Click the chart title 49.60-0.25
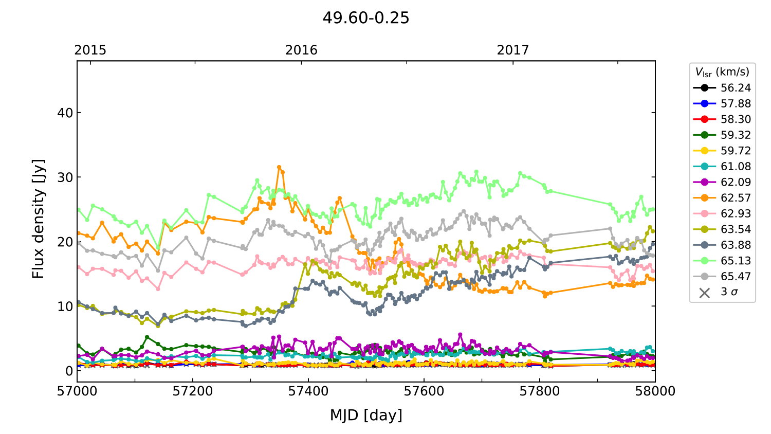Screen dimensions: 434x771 [x=366, y=18]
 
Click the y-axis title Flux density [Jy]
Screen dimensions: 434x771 [x=39, y=219]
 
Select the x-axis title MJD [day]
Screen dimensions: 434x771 [x=366, y=415]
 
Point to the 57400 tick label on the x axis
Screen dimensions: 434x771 [x=308, y=391]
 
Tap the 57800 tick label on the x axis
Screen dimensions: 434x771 [x=540, y=391]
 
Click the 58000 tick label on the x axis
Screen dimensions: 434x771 [x=655, y=391]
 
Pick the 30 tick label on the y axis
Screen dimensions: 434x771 [x=65, y=177]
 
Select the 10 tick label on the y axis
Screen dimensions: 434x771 [x=65, y=306]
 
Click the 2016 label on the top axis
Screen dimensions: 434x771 [x=301, y=50]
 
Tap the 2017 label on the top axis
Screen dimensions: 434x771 [x=512, y=50]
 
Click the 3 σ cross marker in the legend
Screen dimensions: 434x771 [x=705, y=293]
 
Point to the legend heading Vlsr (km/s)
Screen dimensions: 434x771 [x=722, y=72]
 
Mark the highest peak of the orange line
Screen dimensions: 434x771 [x=279, y=167]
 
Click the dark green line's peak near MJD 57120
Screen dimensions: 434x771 [x=147, y=337]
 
